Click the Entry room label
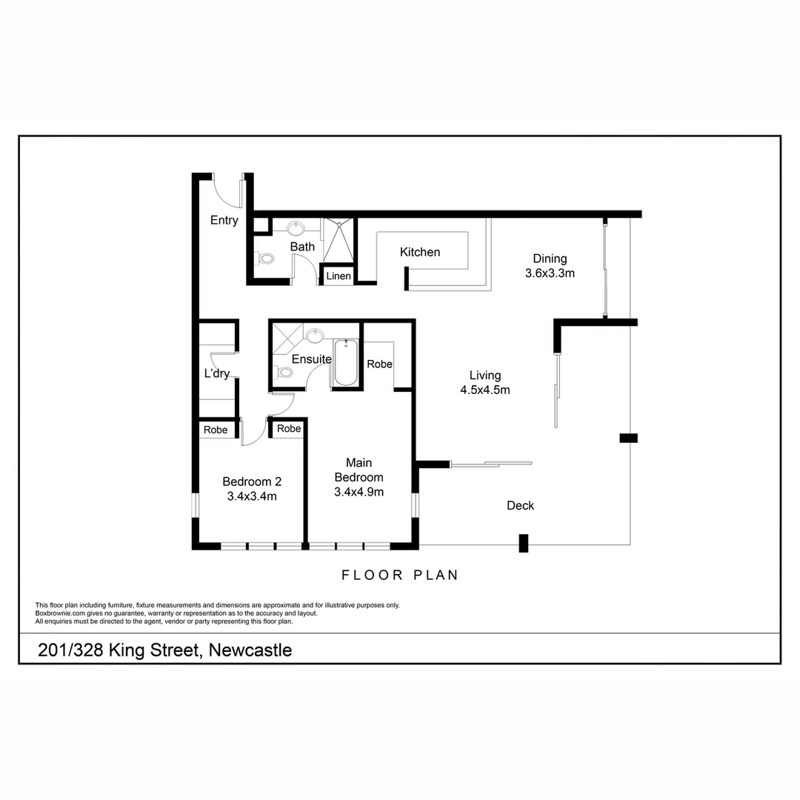[224, 220]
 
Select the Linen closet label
[339, 276]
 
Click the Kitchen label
[420, 253]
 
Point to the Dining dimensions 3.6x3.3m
[550, 273]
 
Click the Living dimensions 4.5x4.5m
[485, 390]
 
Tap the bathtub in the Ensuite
[346, 362]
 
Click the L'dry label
[217, 373]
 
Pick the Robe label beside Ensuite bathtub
[380, 364]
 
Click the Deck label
[521, 506]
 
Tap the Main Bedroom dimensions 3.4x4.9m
[359, 492]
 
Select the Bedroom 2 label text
[252, 481]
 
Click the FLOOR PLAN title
[400, 575]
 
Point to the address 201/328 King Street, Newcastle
[165, 650]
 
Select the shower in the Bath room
[338, 239]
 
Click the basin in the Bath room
[297, 227]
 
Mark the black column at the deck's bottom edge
[524, 543]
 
